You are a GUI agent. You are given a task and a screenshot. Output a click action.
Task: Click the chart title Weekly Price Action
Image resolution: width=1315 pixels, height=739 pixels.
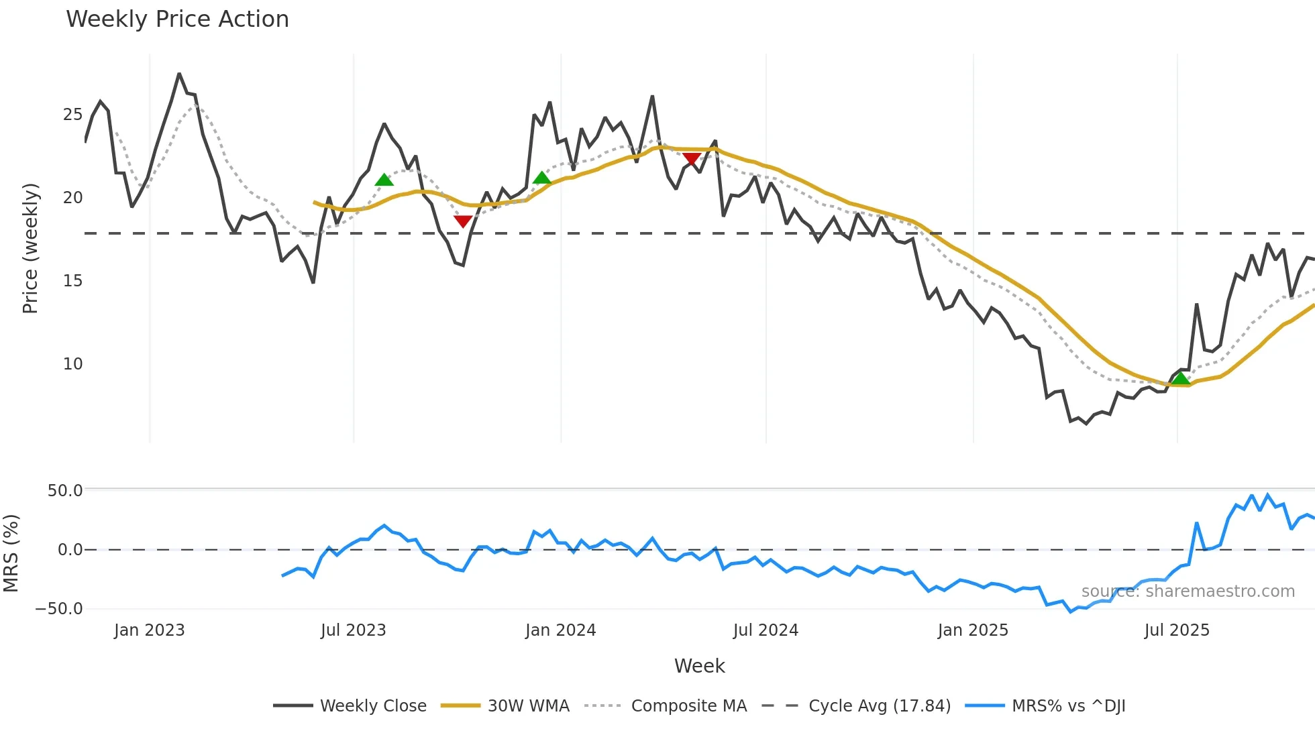point(177,19)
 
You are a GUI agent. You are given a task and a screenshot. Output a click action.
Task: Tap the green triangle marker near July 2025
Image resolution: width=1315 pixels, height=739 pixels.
point(1180,379)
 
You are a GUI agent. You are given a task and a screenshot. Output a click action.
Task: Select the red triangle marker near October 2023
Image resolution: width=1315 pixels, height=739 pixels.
point(463,221)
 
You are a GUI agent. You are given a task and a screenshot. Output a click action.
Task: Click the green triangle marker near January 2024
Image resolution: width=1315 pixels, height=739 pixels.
point(541,178)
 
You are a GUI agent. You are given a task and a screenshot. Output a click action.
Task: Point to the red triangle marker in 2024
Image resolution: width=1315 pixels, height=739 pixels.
point(692,159)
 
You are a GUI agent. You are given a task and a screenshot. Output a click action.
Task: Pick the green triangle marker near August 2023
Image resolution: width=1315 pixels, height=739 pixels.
point(384,180)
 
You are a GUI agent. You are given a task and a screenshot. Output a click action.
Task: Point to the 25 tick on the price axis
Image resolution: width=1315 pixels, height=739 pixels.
point(72,115)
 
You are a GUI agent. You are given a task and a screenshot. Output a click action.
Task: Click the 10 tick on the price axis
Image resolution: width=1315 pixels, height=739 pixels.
point(72,364)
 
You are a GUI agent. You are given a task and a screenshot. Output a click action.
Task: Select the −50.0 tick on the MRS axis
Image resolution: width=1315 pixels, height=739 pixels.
point(59,609)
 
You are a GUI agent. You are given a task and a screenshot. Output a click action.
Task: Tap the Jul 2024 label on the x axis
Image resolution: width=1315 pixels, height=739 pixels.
point(766,630)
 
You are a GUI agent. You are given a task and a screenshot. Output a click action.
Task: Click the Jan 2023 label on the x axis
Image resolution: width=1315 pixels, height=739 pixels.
point(149,630)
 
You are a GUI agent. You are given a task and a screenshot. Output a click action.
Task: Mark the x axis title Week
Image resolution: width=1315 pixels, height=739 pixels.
point(699,666)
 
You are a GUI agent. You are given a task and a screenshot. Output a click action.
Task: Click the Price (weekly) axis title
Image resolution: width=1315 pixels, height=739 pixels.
point(30,248)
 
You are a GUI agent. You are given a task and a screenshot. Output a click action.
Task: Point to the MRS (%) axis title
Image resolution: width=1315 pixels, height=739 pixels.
point(11,553)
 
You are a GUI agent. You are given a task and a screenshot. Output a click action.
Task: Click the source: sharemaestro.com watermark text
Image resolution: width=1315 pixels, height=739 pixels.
point(1188,591)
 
